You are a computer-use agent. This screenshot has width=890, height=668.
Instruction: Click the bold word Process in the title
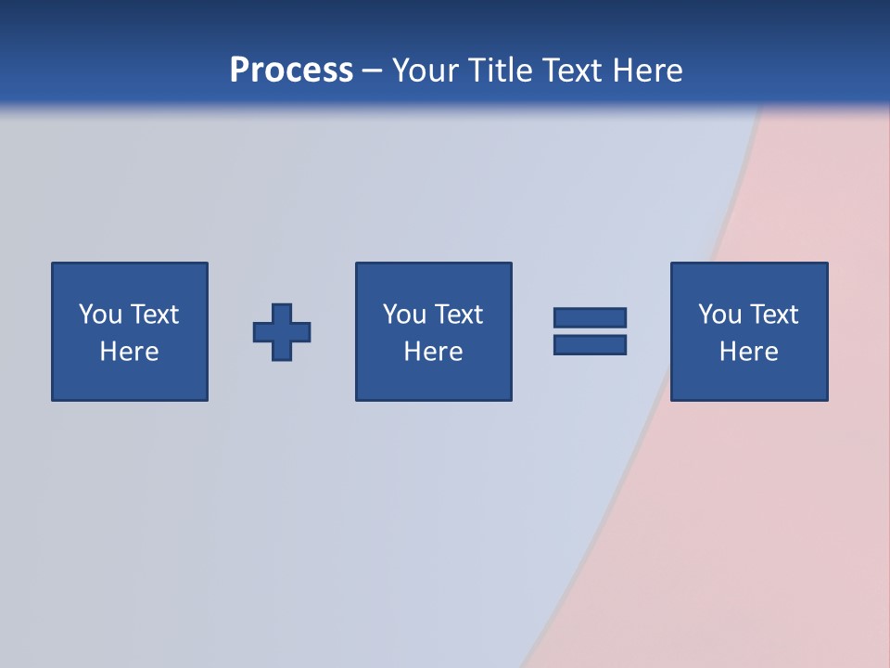(x=291, y=70)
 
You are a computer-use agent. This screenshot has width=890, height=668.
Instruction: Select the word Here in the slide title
(x=647, y=70)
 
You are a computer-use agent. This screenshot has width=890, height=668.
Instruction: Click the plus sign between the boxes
(x=282, y=331)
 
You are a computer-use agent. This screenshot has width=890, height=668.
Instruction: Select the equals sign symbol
(x=590, y=331)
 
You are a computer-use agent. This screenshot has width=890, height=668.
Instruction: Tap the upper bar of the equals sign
(x=590, y=317)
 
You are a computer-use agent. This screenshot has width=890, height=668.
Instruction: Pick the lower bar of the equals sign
(x=590, y=344)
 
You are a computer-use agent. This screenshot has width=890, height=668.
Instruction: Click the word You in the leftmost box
(x=100, y=315)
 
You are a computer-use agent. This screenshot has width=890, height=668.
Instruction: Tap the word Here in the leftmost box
(x=129, y=352)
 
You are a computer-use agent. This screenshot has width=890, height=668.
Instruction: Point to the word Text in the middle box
(x=459, y=315)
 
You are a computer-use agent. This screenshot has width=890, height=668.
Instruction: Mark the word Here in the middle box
(x=433, y=352)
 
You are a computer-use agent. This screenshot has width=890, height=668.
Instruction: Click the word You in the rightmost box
(x=719, y=315)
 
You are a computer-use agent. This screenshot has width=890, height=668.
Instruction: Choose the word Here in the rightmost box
(x=748, y=352)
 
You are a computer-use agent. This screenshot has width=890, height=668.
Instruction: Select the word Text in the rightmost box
(x=774, y=315)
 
